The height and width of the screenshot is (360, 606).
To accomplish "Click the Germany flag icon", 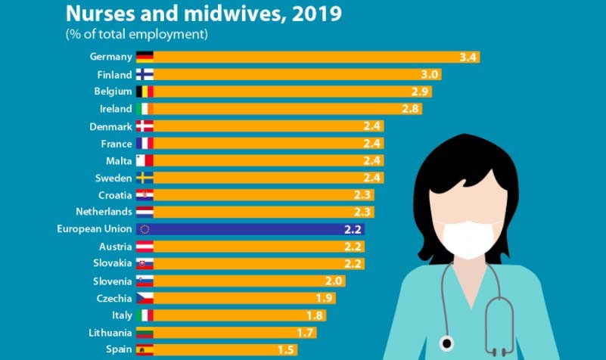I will (x=145, y=57).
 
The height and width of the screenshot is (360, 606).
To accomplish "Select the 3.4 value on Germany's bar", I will (x=468, y=57).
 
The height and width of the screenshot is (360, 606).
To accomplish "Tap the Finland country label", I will (x=113, y=74).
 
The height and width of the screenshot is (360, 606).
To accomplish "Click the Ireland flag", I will (x=145, y=109).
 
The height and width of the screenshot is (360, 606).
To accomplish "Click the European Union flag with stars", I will (x=145, y=229).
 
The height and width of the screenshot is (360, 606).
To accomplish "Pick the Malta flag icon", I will (x=145, y=160).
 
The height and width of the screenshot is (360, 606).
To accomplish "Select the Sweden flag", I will (x=145, y=178).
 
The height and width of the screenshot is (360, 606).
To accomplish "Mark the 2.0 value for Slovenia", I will (x=334, y=281).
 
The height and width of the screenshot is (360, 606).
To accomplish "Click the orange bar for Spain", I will (x=226, y=349).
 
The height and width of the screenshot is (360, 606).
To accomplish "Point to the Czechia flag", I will (x=145, y=298).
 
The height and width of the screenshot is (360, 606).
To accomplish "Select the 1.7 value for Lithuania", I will (x=306, y=332).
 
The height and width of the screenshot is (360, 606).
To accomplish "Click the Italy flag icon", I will (x=145, y=315).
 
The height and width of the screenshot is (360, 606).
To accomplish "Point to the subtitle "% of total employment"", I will (x=137, y=34).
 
